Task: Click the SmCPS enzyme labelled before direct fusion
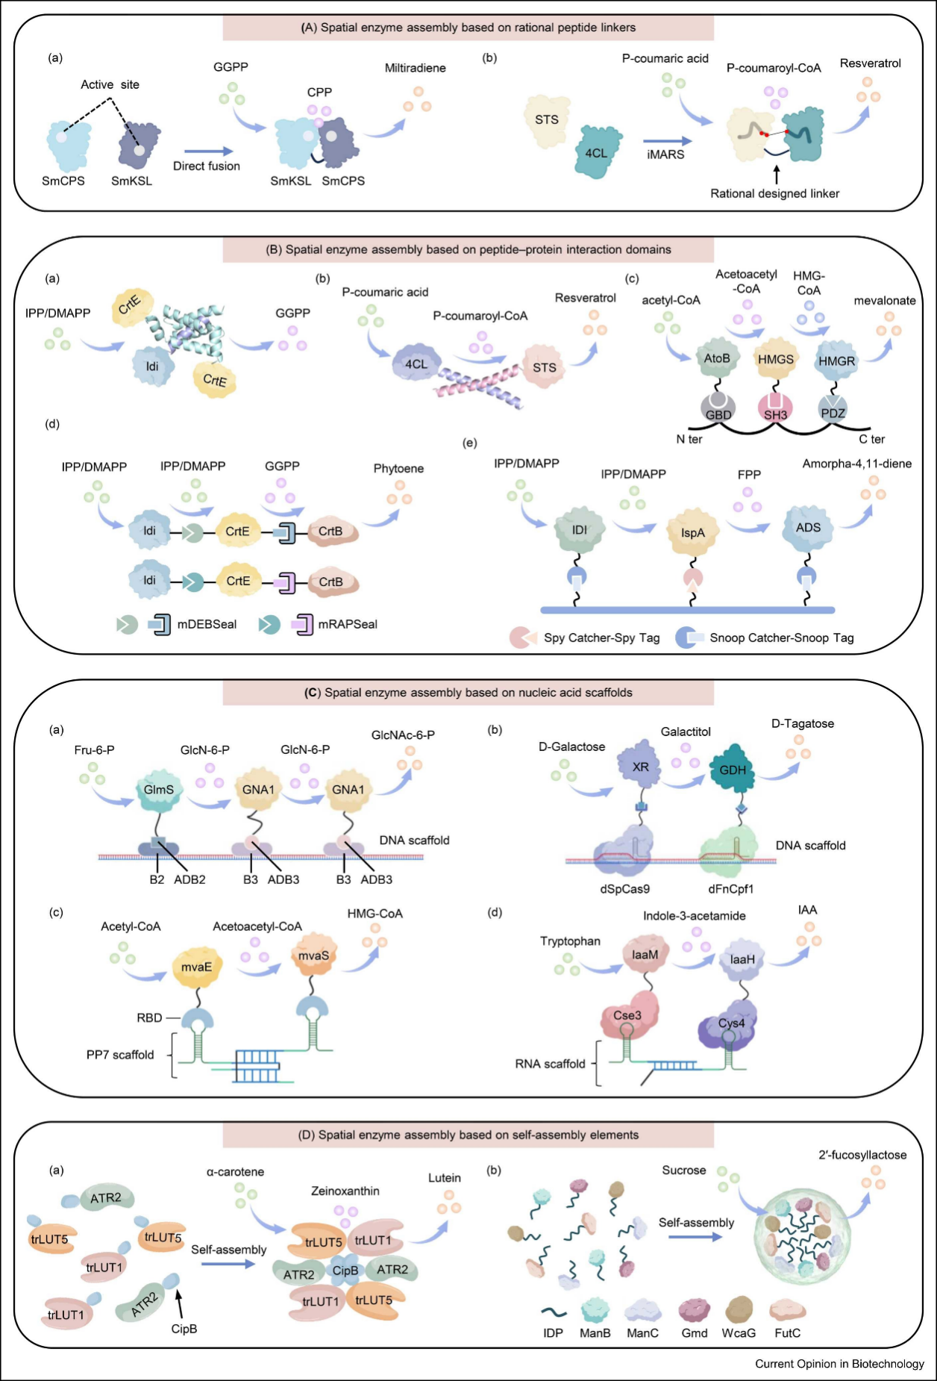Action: pyautogui.click(x=68, y=144)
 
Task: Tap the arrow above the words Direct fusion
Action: pyautogui.click(x=208, y=152)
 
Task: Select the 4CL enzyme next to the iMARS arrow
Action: pyautogui.click(x=595, y=152)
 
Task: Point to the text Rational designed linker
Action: pyautogui.click(x=774, y=193)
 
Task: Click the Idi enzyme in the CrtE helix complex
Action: pyautogui.click(x=152, y=366)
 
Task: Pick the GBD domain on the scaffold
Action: pyautogui.click(x=718, y=410)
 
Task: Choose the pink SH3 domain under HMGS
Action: pyautogui.click(x=775, y=410)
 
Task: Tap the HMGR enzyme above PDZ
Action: pyautogui.click(x=836, y=361)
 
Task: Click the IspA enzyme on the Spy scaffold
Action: pyautogui.click(x=692, y=533)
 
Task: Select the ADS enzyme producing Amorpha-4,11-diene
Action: pyautogui.click(x=808, y=528)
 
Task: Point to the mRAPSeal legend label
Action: pyautogui.click(x=348, y=624)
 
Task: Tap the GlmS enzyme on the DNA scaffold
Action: pyautogui.click(x=158, y=790)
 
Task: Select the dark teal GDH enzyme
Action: pyautogui.click(x=733, y=770)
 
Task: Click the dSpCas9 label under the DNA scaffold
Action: pyautogui.click(x=624, y=888)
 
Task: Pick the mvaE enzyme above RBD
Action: pyautogui.click(x=196, y=967)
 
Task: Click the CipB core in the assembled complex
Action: pyautogui.click(x=345, y=1271)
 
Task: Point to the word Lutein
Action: pyautogui.click(x=445, y=1178)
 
